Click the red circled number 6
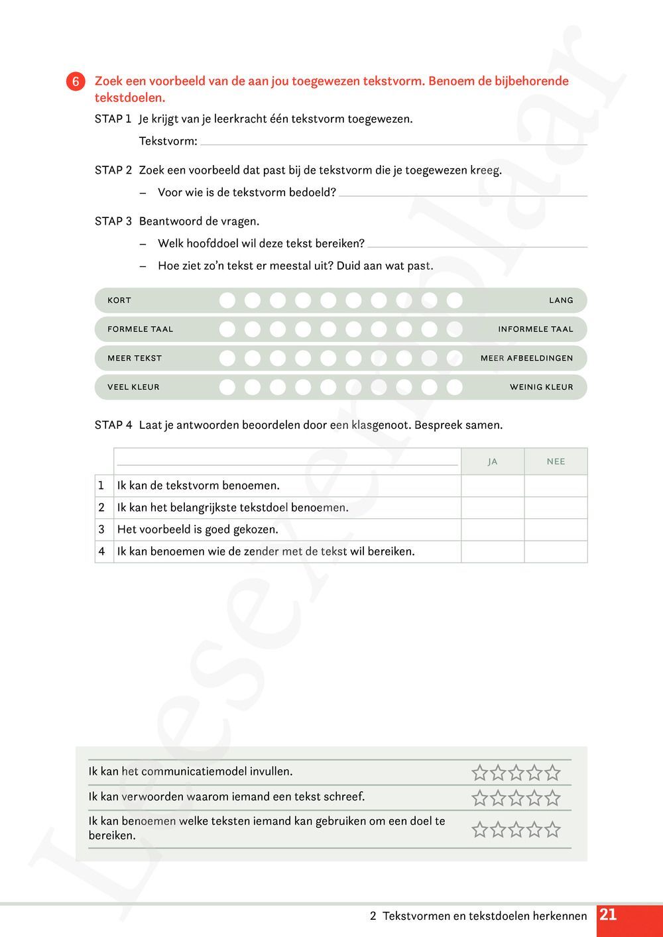(x=76, y=82)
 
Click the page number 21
(x=608, y=915)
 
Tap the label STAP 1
(x=113, y=119)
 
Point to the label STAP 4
(x=113, y=425)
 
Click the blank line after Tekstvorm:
(x=394, y=141)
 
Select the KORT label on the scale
(x=119, y=300)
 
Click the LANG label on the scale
(x=561, y=300)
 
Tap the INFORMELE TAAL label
(x=536, y=329)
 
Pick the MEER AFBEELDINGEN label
(x=526, y=358)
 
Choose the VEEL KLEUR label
(x=133, y=387)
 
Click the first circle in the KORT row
(x=227, y=300)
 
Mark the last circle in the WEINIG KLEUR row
(x=454, y=387)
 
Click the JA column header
(x=493, y=462)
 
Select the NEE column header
(x=556, y=462)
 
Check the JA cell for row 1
(x=493, y=486)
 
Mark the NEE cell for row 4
(x=556, y=551)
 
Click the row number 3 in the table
(x=101, y=529)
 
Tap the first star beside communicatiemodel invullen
(x=479, y=773)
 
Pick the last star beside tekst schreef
(x=552, y=798)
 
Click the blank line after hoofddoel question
(x=477, y=244)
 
